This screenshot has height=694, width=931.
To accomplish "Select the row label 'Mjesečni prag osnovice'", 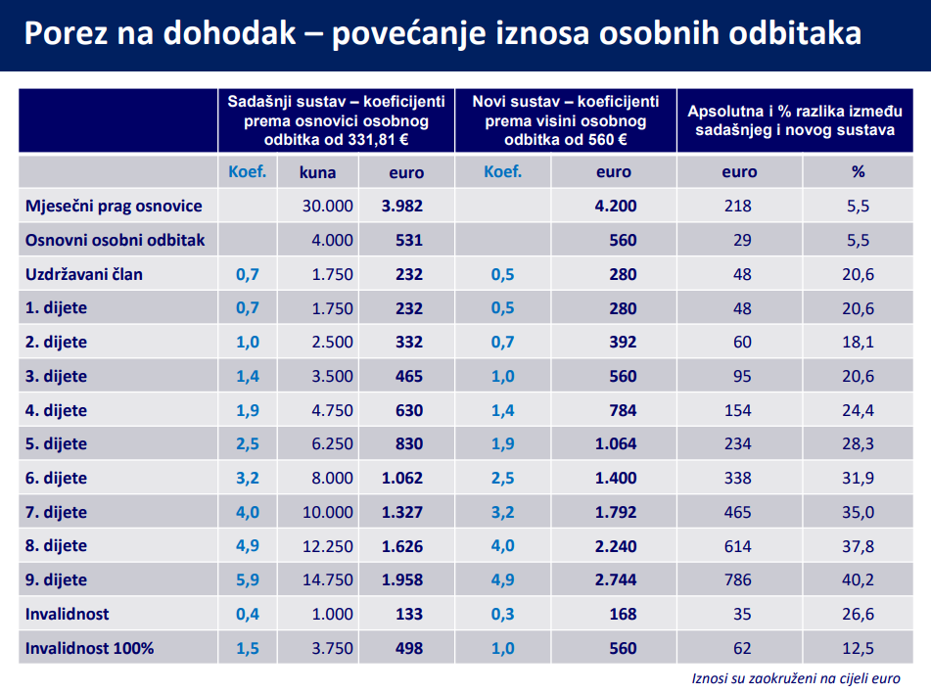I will coord(115,206).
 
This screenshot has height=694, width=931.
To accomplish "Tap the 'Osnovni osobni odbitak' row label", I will coord(116,240).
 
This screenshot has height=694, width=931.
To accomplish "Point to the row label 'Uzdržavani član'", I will coord(84,274).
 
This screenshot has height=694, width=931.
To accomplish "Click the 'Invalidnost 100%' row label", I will coord(90,648).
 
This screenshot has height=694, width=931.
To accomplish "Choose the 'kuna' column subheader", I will coord(318,172).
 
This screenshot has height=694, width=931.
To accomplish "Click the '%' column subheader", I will coord(858,171).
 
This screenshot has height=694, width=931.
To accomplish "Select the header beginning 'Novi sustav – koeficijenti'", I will coord(566,119).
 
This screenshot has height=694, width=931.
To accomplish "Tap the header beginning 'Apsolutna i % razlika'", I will coord(792,119).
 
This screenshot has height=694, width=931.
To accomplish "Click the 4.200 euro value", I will coord(615,206).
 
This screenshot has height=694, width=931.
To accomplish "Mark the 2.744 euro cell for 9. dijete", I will coord(615,579).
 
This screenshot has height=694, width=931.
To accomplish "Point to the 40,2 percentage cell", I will coord(858,579).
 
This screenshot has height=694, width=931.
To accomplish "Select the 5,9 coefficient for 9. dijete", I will coord(247,579).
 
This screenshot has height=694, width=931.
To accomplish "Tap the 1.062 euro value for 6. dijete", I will coord(402,478).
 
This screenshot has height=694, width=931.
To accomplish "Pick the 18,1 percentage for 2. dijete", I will coord(858,342).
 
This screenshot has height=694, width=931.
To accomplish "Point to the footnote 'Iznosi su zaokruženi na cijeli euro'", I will coord(795,677).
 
